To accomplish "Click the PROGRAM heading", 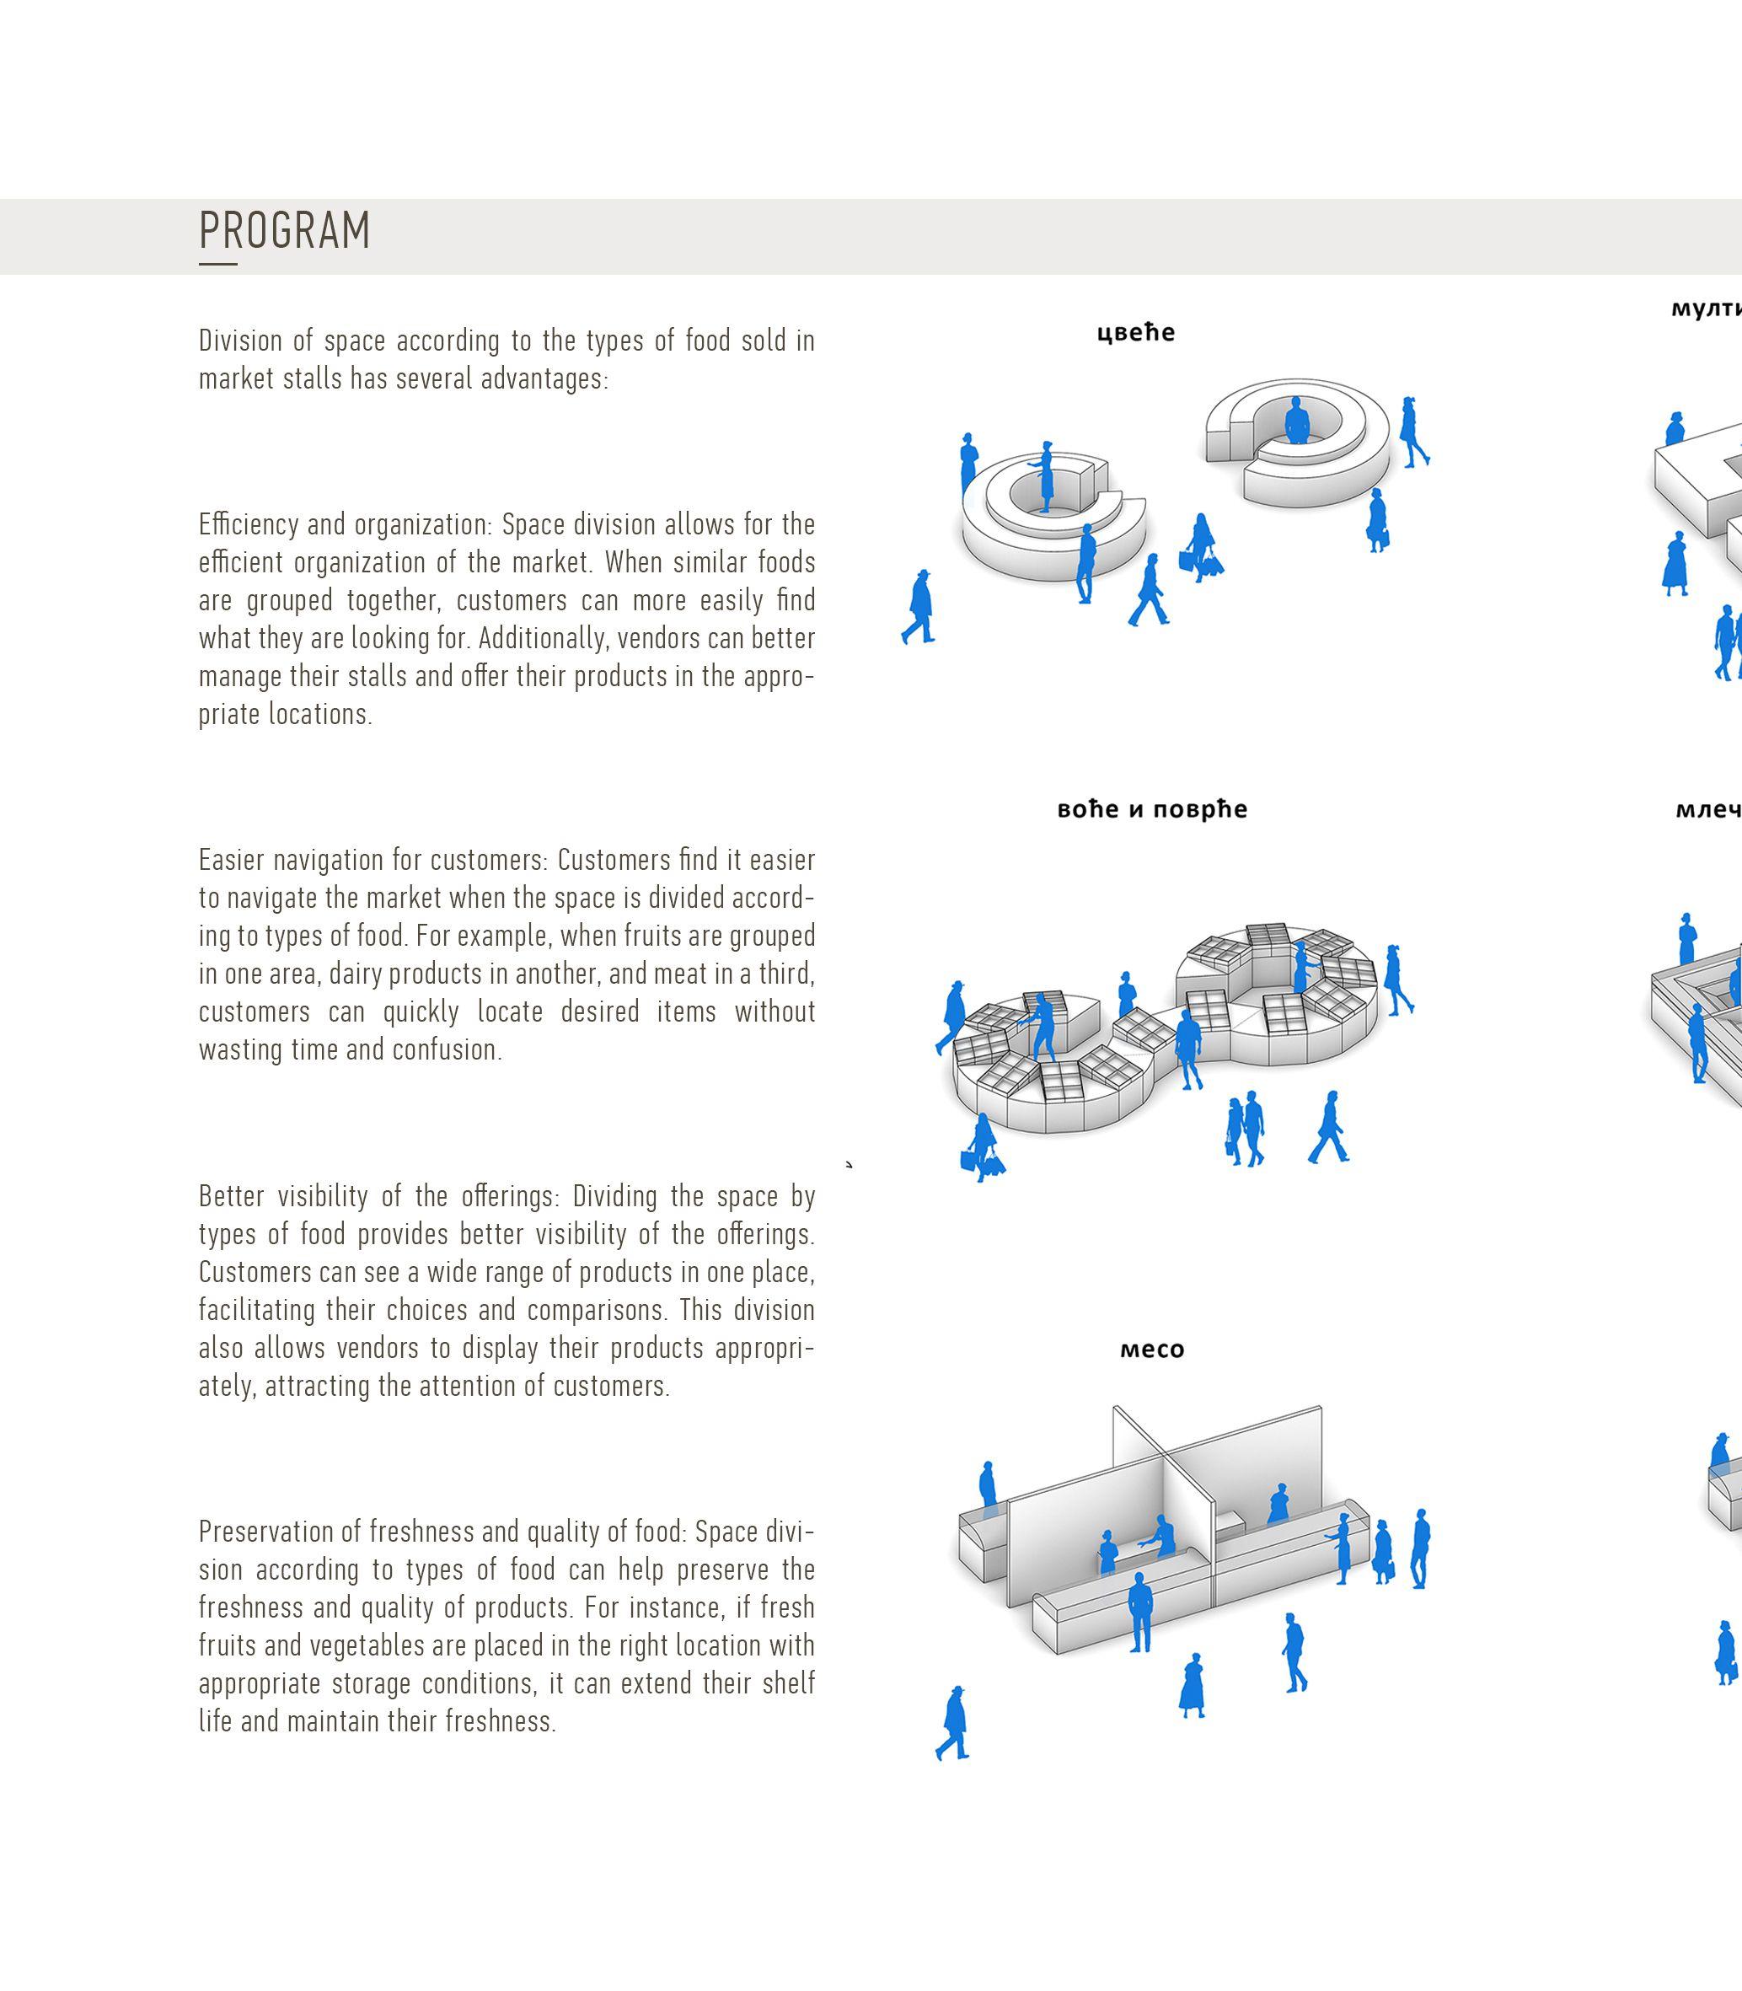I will click(x=284, y=230).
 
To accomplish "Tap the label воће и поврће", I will click(x=1152, y=809).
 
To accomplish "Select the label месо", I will click(x=1152, y=1350).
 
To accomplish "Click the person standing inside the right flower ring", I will click(x=1296, y=421).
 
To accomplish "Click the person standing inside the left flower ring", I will click(x=1046, y=476).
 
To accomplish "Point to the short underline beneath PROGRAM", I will click(x=217, y=264).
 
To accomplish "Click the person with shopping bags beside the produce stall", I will click(x=984, y=1148).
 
